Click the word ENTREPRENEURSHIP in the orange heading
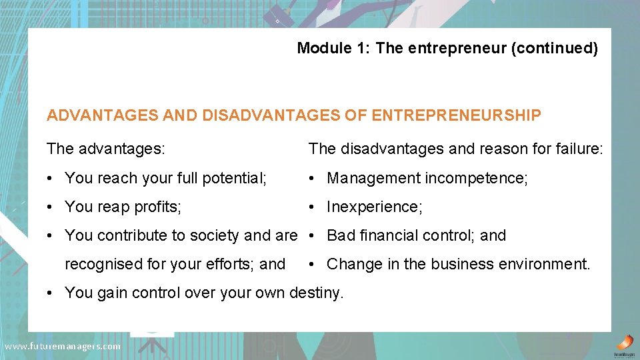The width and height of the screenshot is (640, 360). tap(456, 116)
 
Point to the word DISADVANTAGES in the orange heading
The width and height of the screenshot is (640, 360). tap(267, 116)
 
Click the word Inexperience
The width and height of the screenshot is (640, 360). tap(374, 207)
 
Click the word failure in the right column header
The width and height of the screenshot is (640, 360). tap(578, 149)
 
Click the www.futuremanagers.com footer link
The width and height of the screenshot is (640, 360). tap(63, 346)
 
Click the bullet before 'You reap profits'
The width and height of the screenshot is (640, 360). tap(50, 207)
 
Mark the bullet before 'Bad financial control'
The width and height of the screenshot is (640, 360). tap(312, 236)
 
